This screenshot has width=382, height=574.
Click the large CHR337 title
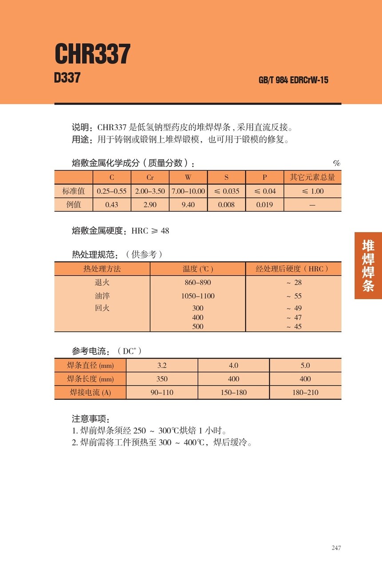[92, 54]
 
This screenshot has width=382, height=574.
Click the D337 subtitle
[67, 78]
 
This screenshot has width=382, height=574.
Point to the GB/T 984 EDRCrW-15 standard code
[293, 80]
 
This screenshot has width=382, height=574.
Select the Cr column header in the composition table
[150, 177]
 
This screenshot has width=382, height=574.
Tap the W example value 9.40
[188, 205]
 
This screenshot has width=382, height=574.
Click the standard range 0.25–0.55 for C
[112, 191]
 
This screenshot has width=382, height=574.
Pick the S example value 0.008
[227, 205]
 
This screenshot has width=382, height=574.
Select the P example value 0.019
[265, 205]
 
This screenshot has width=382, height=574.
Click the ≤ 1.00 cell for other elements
[313, 191]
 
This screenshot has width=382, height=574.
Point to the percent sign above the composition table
[337, 163]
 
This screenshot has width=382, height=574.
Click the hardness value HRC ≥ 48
[150, 231]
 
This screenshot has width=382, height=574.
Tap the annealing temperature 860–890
[198, 282]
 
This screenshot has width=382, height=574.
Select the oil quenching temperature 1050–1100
[198, 296]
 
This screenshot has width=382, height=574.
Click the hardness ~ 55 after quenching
[294, 296]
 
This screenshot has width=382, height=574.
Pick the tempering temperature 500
[198, 326]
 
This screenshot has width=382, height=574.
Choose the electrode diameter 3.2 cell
[162, 365]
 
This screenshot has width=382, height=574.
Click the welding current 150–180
[234, 392]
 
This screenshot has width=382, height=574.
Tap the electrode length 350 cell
[162, 379]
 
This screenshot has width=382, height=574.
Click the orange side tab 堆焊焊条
[368, 265]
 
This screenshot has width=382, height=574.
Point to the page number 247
[336, 548]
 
